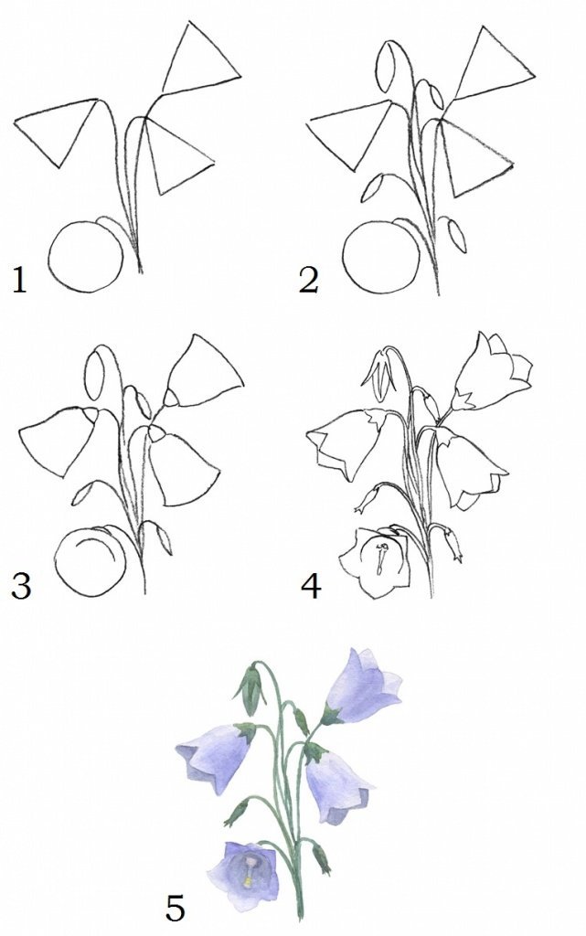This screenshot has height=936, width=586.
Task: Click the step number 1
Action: (20, 281)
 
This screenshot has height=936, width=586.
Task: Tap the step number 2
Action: (308, 281)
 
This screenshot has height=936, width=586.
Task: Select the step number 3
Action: (21, 586)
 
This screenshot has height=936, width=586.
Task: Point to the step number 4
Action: (311, 586)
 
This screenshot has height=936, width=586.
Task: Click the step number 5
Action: (175, 908)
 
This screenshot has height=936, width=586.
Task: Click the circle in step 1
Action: (49, 257)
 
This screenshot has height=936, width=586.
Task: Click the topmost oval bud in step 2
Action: (378, 66)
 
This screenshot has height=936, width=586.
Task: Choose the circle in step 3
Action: (55, 562)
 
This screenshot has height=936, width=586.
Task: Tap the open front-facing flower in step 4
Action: (375, 563)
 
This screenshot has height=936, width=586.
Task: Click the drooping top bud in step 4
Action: (379, 375)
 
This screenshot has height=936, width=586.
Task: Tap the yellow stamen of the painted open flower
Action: (247, 881)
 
